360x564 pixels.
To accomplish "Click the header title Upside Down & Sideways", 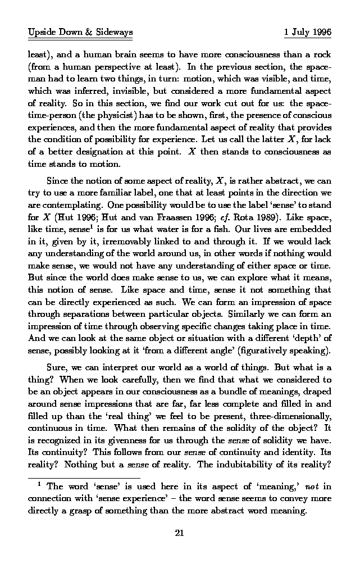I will click(80, 33).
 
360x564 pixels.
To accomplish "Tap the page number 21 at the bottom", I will click(180, 534).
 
